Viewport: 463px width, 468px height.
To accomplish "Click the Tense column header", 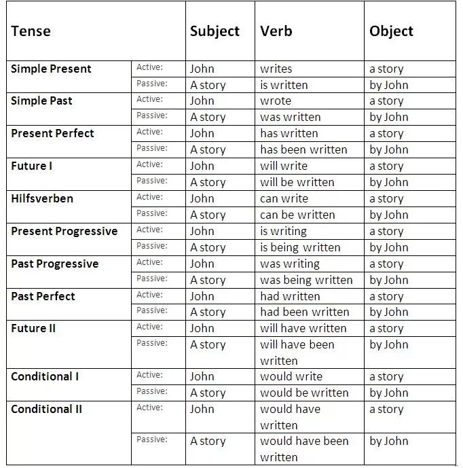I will pos(31,31).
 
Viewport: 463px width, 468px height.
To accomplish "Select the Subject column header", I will pos(215,31).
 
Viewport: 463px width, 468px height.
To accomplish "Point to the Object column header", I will pos(391,31).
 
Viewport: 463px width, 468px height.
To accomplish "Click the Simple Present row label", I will pos(51,69).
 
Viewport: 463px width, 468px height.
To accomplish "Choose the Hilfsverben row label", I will pos(42,198).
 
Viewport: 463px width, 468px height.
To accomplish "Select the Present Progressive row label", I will pos(64,231).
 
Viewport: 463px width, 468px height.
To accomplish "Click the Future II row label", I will pos(33,328).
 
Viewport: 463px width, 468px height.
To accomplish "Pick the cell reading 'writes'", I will pos(276,69).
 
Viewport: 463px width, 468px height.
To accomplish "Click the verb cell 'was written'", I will pos(290,117).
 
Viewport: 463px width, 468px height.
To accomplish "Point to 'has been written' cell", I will pos(303,149).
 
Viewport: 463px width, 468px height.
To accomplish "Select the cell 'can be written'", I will pos(297,215).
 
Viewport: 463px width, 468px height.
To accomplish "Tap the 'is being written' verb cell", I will pos(300,247).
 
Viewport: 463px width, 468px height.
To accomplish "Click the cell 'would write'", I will pos(291,376).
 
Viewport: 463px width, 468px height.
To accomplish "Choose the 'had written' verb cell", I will pos(290,296).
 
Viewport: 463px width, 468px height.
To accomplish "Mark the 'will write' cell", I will pos(284,166).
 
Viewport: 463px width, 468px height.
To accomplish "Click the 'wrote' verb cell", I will pos(276,101).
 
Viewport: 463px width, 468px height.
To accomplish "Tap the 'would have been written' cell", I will pos(304,449).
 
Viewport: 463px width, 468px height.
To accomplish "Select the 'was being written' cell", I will pos(306,280).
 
